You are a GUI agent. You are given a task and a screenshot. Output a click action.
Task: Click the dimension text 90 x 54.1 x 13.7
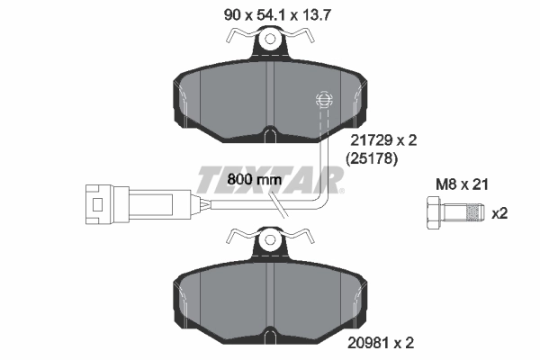pos(269,13)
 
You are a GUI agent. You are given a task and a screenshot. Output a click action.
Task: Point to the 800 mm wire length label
pos(255,179)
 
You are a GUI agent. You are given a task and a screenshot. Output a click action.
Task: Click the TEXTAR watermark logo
pos(270,180)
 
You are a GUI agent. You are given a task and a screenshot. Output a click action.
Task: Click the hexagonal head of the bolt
pos(429,214)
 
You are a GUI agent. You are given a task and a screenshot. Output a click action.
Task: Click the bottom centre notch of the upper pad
pos(270,137)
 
